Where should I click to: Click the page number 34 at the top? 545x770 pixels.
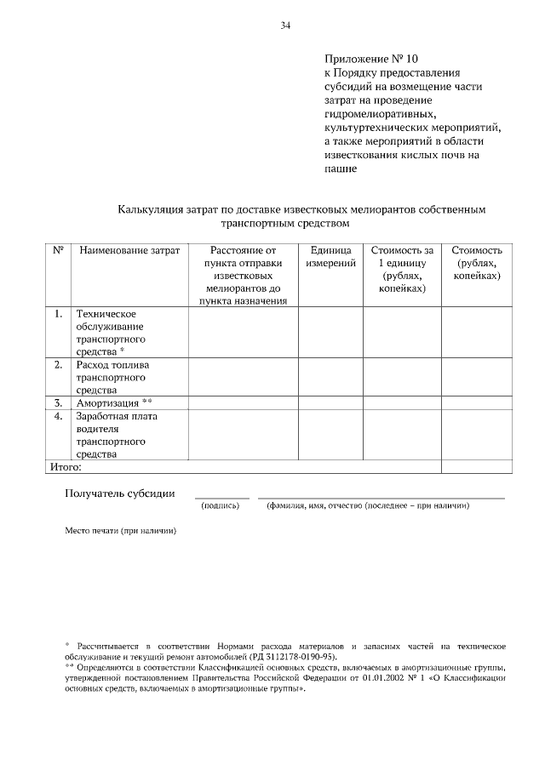(x=286, y=26)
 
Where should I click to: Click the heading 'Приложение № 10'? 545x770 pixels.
(x=371, y=59)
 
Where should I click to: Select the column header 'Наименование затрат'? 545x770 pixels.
(x=129, y=251)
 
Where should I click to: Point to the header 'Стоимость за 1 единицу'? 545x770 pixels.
(x=402, y=270)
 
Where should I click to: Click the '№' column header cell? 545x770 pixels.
(x=59, y=251)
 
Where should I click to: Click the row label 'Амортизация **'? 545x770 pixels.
(x=115, y=402)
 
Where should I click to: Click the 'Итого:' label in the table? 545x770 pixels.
(x=65, y=466)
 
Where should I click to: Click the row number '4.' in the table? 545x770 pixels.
(x=59, y=416)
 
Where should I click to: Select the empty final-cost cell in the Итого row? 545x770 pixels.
(x=476, y=466)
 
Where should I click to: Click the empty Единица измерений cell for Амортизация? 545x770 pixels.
(x=330, y=402)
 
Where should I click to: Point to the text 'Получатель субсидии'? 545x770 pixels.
(x=120, y=493)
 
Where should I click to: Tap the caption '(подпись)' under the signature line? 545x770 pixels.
(x=221, y=505)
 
